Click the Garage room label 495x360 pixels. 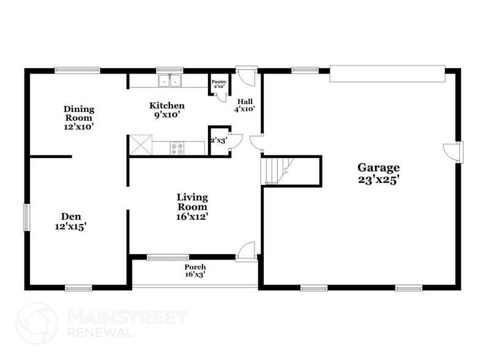click(379, 173)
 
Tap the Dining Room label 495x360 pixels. click(79, 118)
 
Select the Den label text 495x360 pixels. click(71, 221)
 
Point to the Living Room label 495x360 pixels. click(192, 206)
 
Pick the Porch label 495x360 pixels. click(195, 271)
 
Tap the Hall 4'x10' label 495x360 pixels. click(245, 105)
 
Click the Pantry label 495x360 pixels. click(218, 84)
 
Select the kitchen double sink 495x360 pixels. click(171, 80)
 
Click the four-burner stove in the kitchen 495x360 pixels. click(177, 148)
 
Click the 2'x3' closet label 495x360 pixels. click(218, 140)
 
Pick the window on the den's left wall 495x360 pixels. click(26, 217)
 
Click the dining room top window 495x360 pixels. click(77, 70)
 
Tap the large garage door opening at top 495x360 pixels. click(387, 74)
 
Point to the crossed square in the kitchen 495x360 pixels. click(140, 145)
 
